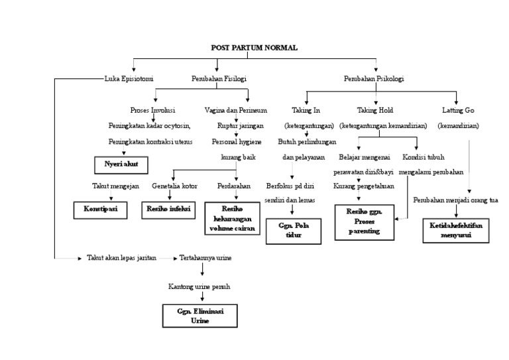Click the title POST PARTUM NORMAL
point(254,48)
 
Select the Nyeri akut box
point(120,163)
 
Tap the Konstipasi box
point(100,209)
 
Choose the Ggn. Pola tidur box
point(294,230)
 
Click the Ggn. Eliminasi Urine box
point(199,315)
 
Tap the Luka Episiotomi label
point(129,79)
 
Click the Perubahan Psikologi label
point(374,79)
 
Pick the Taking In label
point(306,109)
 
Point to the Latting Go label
point(459,109)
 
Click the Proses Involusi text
point(153,109)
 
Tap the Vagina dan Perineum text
point(235,109)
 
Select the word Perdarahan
point(234,186)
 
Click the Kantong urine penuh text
point(199,286)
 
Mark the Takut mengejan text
point(115,186)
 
